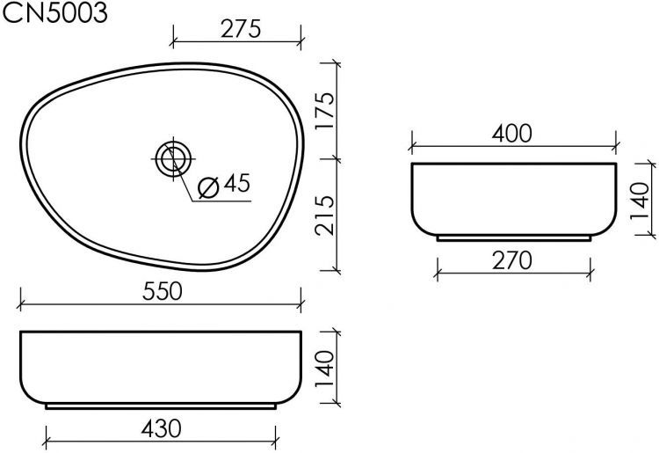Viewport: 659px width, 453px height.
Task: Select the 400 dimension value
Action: tap(512, 134)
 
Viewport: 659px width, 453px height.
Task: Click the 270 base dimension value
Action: tap(512, 261)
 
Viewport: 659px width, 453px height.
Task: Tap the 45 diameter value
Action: tap(236, 184)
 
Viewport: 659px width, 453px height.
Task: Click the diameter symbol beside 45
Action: tap(209, 187)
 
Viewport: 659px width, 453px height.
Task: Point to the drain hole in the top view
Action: tap(172, 159)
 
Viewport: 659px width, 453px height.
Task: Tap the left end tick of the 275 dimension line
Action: tap(172, 40)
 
